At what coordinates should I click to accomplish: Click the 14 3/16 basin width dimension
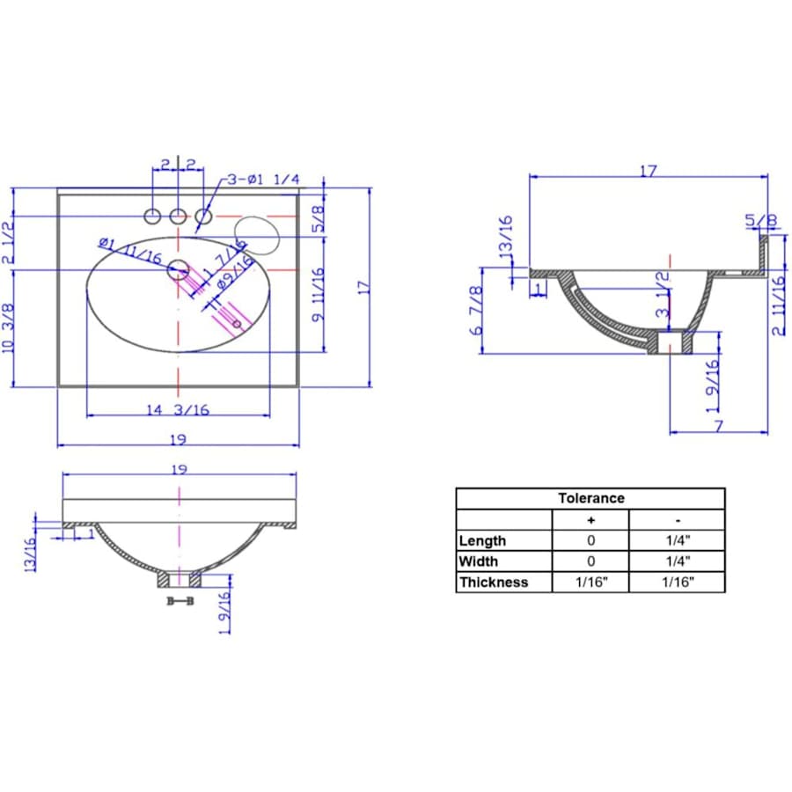point(178,409)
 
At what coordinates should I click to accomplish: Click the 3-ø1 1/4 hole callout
point(262,180)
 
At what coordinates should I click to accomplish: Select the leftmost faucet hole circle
point(152,216)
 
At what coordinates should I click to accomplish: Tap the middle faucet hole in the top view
point(178,216)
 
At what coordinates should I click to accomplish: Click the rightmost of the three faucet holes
point(203,216)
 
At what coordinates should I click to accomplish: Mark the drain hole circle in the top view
point(178,269)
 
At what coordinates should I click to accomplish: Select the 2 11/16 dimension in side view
point(778,305)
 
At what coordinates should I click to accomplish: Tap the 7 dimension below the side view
point(718,426)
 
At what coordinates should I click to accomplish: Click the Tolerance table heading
point(590,498)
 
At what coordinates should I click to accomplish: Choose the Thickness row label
point(494,582)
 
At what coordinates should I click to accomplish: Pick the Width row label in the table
point(478,561)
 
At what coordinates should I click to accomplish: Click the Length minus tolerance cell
point(677,540)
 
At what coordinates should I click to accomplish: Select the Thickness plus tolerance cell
point(590,582)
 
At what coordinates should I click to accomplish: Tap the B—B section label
point(180,600)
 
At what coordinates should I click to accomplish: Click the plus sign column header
point(590,519)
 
